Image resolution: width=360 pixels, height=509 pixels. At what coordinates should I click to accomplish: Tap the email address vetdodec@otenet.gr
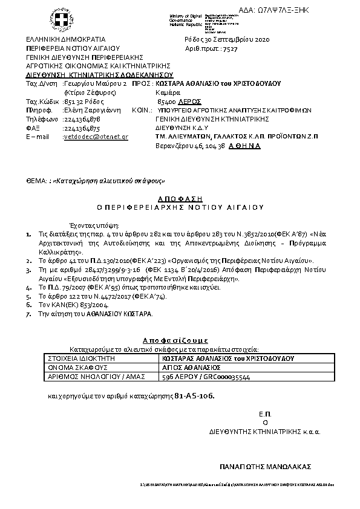click(96, 137)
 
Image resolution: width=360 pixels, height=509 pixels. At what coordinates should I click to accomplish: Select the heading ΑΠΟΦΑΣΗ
click(180, 198)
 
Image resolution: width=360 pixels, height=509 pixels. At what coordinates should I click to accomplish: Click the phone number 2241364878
click(82, 120)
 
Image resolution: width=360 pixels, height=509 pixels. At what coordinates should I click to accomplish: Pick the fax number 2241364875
click(82, 128)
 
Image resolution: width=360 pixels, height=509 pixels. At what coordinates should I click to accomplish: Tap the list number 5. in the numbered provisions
click(28, 297)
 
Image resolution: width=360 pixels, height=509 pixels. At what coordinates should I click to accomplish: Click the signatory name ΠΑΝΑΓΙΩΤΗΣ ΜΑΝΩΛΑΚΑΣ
click(264, 467)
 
